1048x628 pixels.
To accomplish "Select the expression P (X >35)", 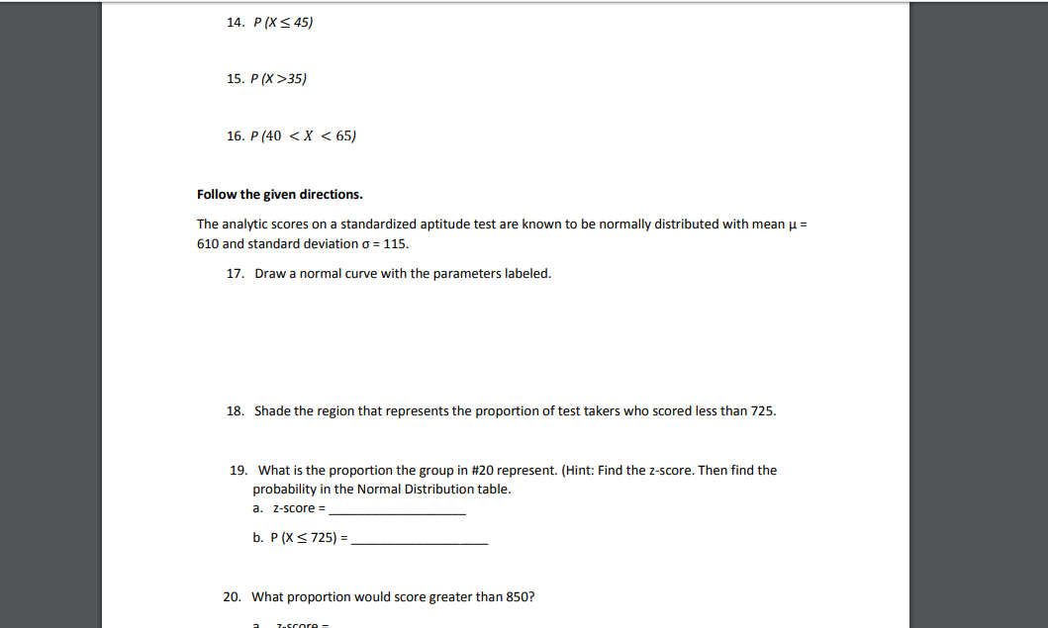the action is point(280,78).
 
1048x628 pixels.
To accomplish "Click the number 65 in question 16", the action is point(344,135).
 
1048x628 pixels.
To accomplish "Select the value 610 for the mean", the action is point(209,243).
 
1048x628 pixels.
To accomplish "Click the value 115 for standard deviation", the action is point(395,243).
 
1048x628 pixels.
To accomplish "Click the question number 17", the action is point(235,274).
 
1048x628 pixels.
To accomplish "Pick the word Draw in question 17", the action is point(269,274).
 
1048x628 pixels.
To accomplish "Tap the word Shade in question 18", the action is point(272,410).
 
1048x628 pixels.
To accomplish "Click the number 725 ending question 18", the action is point(762,410).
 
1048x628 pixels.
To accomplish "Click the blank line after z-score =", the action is point(397,512).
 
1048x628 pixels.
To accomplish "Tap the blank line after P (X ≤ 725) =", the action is point(420,543).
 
